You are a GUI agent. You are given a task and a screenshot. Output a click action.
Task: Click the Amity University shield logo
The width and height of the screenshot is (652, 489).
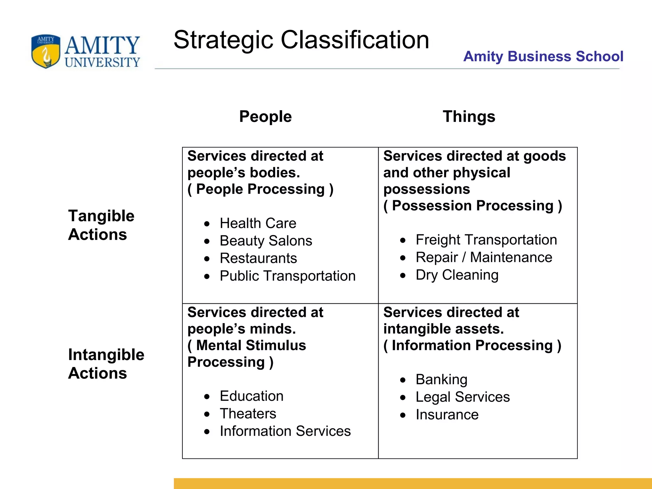pos(46,51)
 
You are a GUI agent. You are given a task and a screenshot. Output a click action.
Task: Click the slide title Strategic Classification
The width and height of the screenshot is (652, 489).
pos(301,40)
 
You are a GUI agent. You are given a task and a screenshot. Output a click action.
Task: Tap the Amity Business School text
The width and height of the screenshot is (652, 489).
pos(543,56)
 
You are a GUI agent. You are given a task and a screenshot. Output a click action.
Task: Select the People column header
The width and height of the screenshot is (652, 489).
pos(265,117)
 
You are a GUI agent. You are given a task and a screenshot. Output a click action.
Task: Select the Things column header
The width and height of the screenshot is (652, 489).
pos(469,117)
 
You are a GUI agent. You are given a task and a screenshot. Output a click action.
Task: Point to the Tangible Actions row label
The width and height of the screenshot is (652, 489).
pos(101,225)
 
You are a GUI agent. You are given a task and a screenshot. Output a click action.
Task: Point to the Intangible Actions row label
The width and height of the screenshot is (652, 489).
pos(106,364)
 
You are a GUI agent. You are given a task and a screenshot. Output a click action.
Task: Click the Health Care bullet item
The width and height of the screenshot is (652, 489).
pos(258,223)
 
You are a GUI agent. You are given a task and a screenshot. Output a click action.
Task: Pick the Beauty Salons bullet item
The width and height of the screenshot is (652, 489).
pos(266,241)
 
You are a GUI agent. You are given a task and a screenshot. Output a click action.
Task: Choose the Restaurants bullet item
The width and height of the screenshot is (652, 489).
pos(258,258)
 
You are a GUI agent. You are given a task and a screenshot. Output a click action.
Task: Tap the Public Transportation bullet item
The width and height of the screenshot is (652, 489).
pos(287,276)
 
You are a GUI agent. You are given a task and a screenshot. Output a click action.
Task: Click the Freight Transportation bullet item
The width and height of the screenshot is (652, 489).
pos(486,240)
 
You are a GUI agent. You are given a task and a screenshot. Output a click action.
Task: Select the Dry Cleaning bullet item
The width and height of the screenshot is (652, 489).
pos(457,275)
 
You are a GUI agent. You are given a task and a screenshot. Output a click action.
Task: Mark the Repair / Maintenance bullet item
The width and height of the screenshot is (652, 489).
pos(484,257)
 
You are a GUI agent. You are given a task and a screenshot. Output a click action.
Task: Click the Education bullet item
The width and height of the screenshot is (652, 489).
pos(251,396)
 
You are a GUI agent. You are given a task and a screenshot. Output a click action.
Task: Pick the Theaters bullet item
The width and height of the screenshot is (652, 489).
pos(248,414)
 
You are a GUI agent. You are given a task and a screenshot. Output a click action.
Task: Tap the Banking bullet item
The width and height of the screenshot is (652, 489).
pos(441,379)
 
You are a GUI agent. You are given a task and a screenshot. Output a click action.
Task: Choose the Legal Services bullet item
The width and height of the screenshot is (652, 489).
pos(462,397)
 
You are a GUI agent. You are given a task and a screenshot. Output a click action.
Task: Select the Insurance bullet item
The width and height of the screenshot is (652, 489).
pos(447,415)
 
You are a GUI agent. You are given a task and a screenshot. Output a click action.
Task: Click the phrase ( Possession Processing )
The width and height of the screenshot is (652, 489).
pos(472,206)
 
